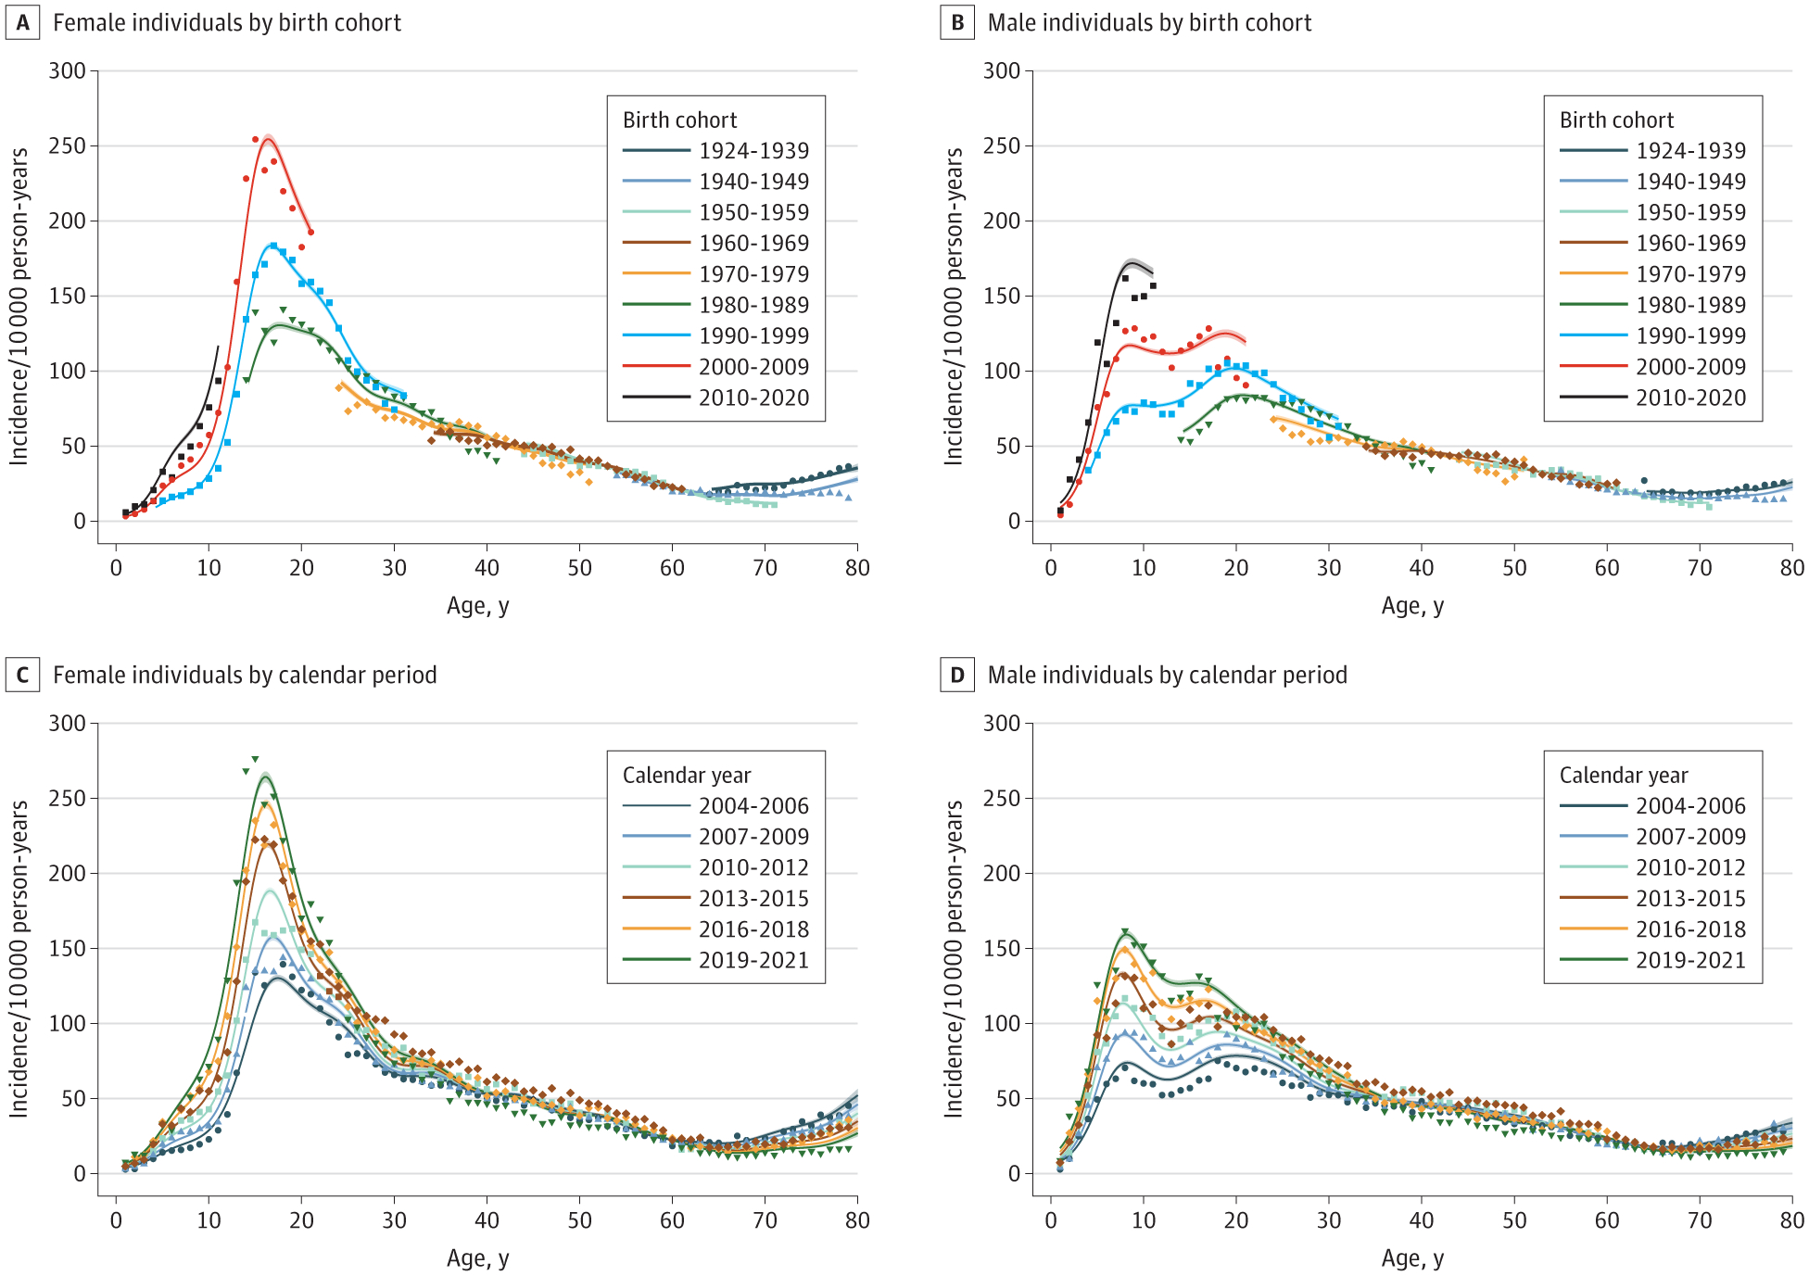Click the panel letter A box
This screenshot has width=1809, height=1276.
[22, 23]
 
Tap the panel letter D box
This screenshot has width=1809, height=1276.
[957, 676]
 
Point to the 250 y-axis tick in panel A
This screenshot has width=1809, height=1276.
[68, 146]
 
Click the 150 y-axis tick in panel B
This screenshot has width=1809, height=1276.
[1002, 297]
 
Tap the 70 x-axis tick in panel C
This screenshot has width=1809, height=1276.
[765, 1220]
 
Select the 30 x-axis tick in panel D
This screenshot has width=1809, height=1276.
[1329, 1220]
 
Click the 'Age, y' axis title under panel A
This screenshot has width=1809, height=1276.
[478, 606]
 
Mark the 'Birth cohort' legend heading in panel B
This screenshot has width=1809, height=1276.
[1616, 120]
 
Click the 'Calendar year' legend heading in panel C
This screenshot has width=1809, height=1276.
[687, 776]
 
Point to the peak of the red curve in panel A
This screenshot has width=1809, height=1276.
[268, 138]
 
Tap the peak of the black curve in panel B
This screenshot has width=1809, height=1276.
[1132, 262]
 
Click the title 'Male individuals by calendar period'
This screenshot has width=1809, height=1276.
[1167, 676]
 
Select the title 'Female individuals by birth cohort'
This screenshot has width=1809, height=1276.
[227, 23]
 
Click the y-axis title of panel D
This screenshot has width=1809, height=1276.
[954, 958]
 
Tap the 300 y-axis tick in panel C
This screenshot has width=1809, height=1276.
[68, 724]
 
